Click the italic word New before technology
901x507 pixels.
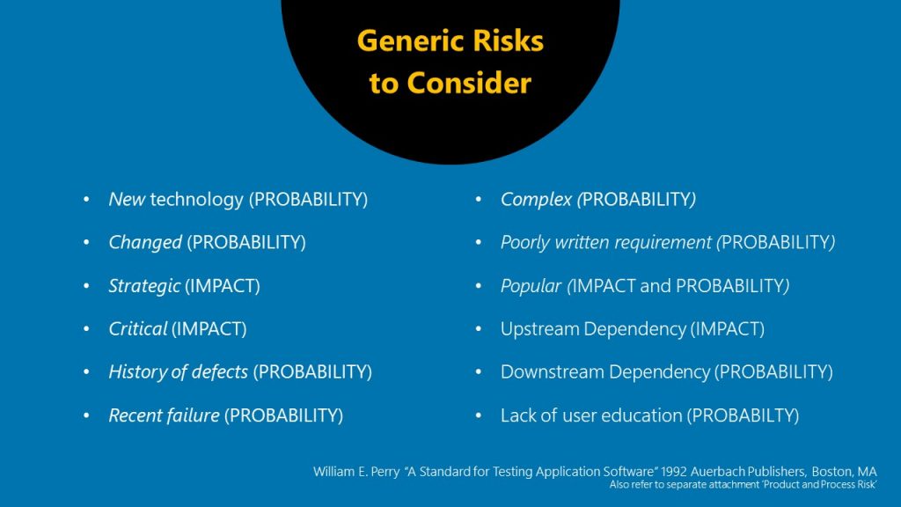(x=127, y=200)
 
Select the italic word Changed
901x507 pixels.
(x=145, y=243)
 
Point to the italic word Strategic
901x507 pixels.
(x=144, y=286)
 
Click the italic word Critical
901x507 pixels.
(x=137, y=329)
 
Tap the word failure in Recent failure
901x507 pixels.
(x=193, y=415)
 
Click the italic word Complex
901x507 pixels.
(x=536, y=200)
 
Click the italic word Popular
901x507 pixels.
(x=531, y=286)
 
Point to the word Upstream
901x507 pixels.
(x=538, y=329)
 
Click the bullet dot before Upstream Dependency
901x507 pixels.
(x=479, y=329)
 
